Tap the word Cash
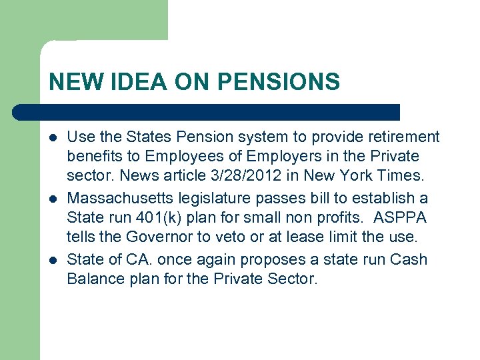409,259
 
